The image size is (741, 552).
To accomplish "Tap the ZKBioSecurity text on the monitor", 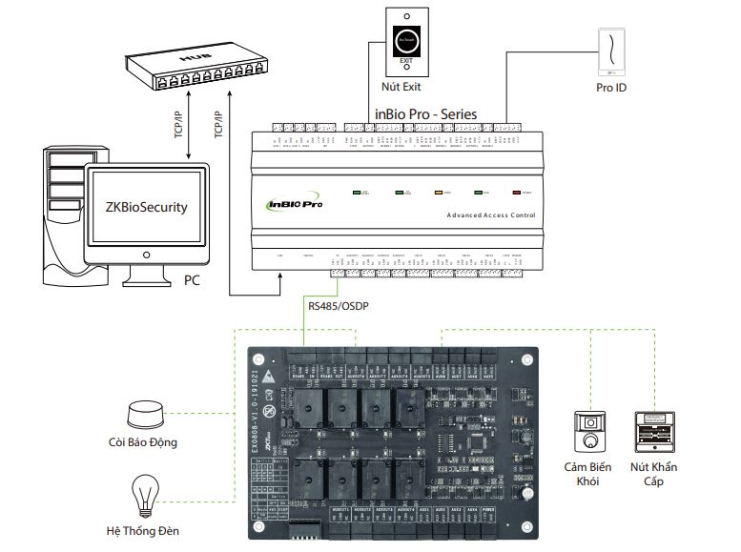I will coord(146,206).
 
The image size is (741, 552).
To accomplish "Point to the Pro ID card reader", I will coord(609,49).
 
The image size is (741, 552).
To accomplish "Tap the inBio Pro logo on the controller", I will coord(294,203).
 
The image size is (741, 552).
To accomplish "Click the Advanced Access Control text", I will coord(490,215).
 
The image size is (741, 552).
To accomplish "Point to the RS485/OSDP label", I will coord(335,306).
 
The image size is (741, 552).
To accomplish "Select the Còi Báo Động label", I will coord(142,442).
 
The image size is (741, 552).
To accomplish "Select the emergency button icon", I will coord(653,434).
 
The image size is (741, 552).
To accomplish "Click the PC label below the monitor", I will coord(192,281).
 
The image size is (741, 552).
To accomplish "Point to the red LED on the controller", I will coord(518,193).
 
